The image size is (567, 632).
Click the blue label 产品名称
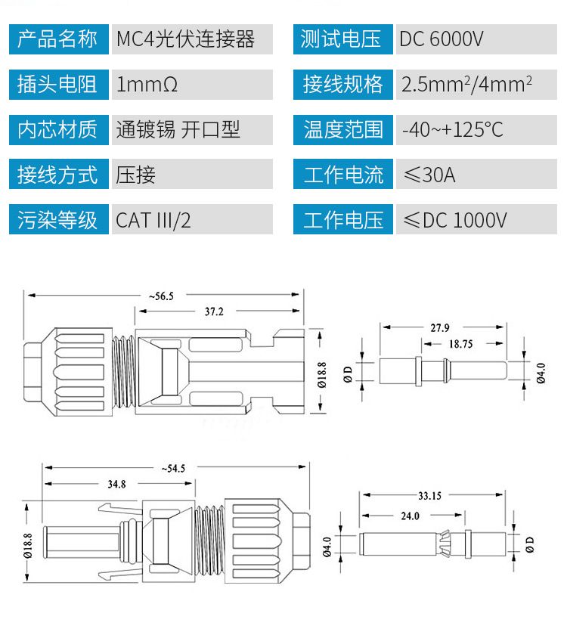coord(57,39)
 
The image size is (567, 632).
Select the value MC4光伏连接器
coord(185,39)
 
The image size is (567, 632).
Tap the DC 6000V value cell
coord(441,39)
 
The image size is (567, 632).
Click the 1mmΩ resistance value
coord(147,84)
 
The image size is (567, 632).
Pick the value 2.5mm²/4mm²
coord(467,84)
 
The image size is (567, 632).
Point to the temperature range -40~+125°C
coord(452,129)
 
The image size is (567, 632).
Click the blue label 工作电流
coord(343,175)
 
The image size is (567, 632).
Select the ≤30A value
coord(429,175)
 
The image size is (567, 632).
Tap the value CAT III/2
coord(153,220)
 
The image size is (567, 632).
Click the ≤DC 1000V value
coord(454,220)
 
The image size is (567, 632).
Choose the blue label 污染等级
coord(57,220)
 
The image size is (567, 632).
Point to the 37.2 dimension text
coord(219,311)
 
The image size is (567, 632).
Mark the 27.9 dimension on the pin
coord(440,327)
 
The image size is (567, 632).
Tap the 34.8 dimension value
coord(116,484)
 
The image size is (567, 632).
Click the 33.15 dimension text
coord(429,496)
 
